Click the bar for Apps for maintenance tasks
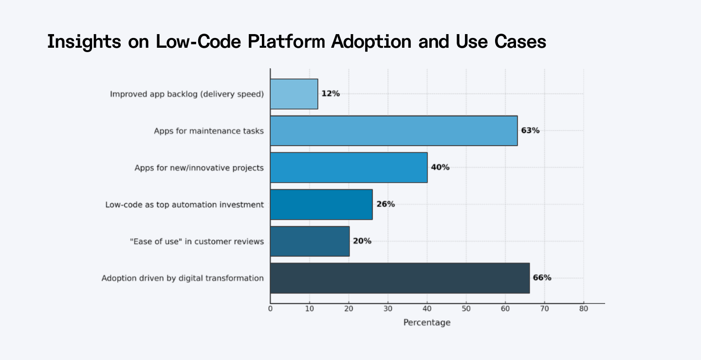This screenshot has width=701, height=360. click(393, 131)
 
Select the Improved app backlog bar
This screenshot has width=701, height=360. click(294, 94)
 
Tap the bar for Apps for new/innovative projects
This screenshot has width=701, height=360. click(349, 168)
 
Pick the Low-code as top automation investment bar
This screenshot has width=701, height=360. click(321, 204)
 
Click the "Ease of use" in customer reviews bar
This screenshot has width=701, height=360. click(310, 241)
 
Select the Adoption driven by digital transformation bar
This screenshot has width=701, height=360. click(400, 278)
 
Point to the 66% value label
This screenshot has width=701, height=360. click(542, 278)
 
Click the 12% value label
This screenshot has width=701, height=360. click(331, 94)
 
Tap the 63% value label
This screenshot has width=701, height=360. click(530, 131)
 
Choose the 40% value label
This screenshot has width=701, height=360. click(440, 168)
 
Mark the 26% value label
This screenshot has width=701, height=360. click(386, 204)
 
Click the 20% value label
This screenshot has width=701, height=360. click(362, 241)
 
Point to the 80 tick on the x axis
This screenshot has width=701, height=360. click(583, 308)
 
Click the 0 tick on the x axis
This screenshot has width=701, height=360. click(270, 308)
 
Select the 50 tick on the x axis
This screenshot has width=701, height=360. click(466, 308)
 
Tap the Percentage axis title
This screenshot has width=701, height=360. click(427, 322)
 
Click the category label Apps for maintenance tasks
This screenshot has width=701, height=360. click(209, 131)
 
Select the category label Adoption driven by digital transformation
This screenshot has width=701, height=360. click(183, 278)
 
